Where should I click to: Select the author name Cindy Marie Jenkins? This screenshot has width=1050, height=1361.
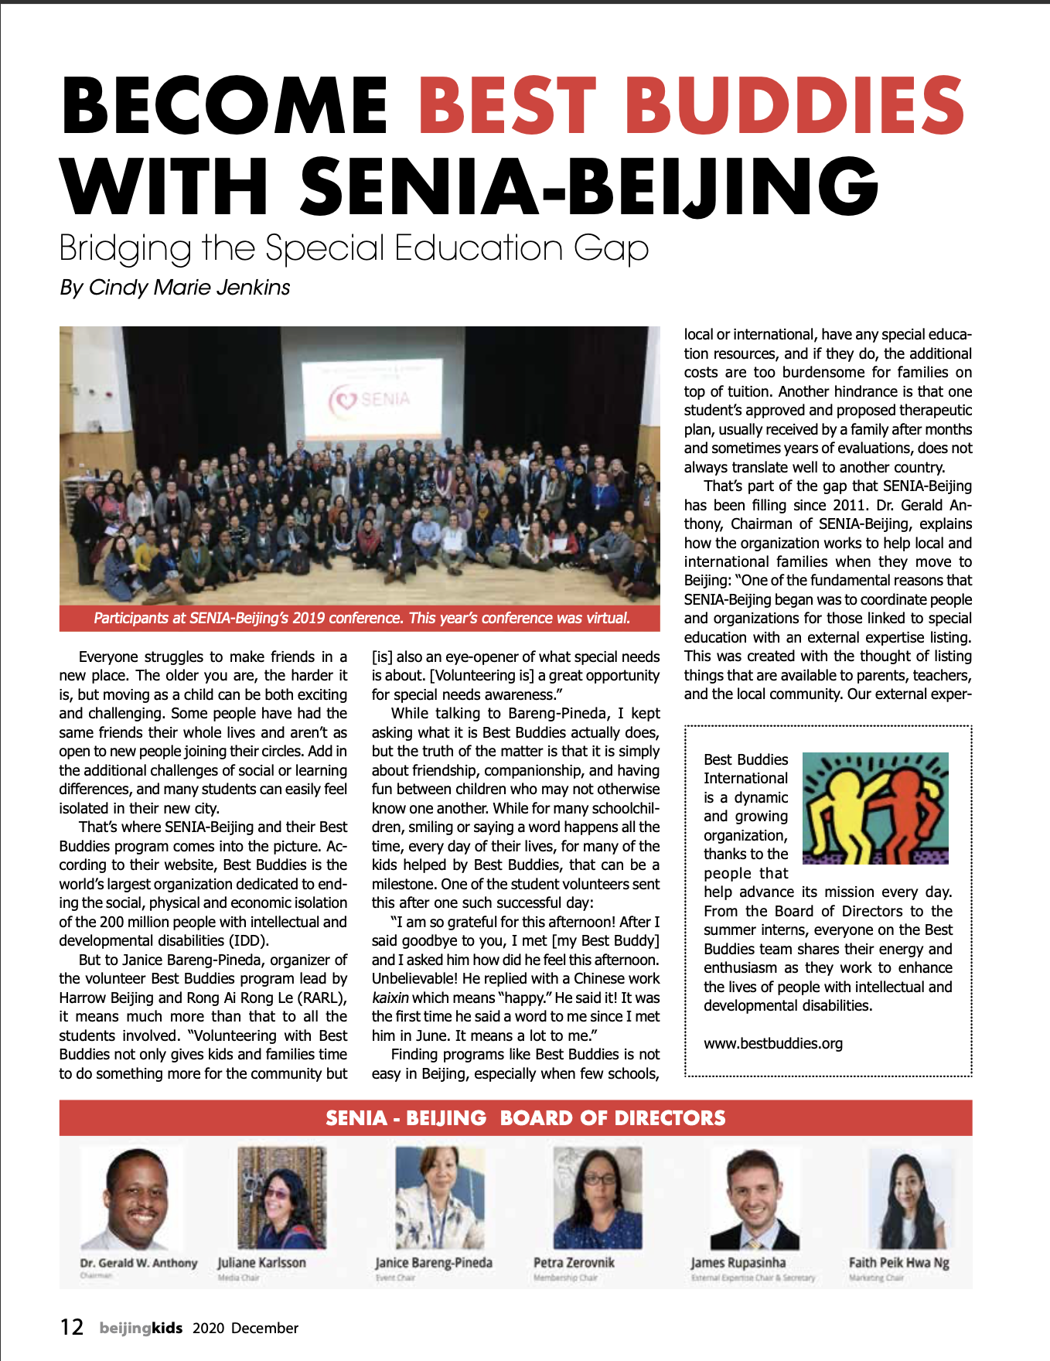189,288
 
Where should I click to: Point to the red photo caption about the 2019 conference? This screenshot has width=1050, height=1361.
361,619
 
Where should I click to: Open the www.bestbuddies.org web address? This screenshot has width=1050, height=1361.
772,1044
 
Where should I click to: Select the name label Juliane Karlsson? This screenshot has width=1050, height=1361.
261,1263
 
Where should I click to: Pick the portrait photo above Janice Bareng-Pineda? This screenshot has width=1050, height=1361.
439,1197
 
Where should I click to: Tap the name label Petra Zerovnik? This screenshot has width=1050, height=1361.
574,1263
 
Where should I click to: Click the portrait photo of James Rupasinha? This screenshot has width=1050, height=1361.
755,1197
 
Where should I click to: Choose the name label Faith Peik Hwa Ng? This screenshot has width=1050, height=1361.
898,1263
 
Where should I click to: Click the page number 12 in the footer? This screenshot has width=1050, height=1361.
72,1328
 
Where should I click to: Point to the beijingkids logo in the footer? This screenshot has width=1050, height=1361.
141,1329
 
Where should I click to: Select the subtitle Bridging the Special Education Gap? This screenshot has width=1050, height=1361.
353,248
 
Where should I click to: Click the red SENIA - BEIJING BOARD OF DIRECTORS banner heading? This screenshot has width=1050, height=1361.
525,1118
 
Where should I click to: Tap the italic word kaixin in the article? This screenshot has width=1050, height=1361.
390,998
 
